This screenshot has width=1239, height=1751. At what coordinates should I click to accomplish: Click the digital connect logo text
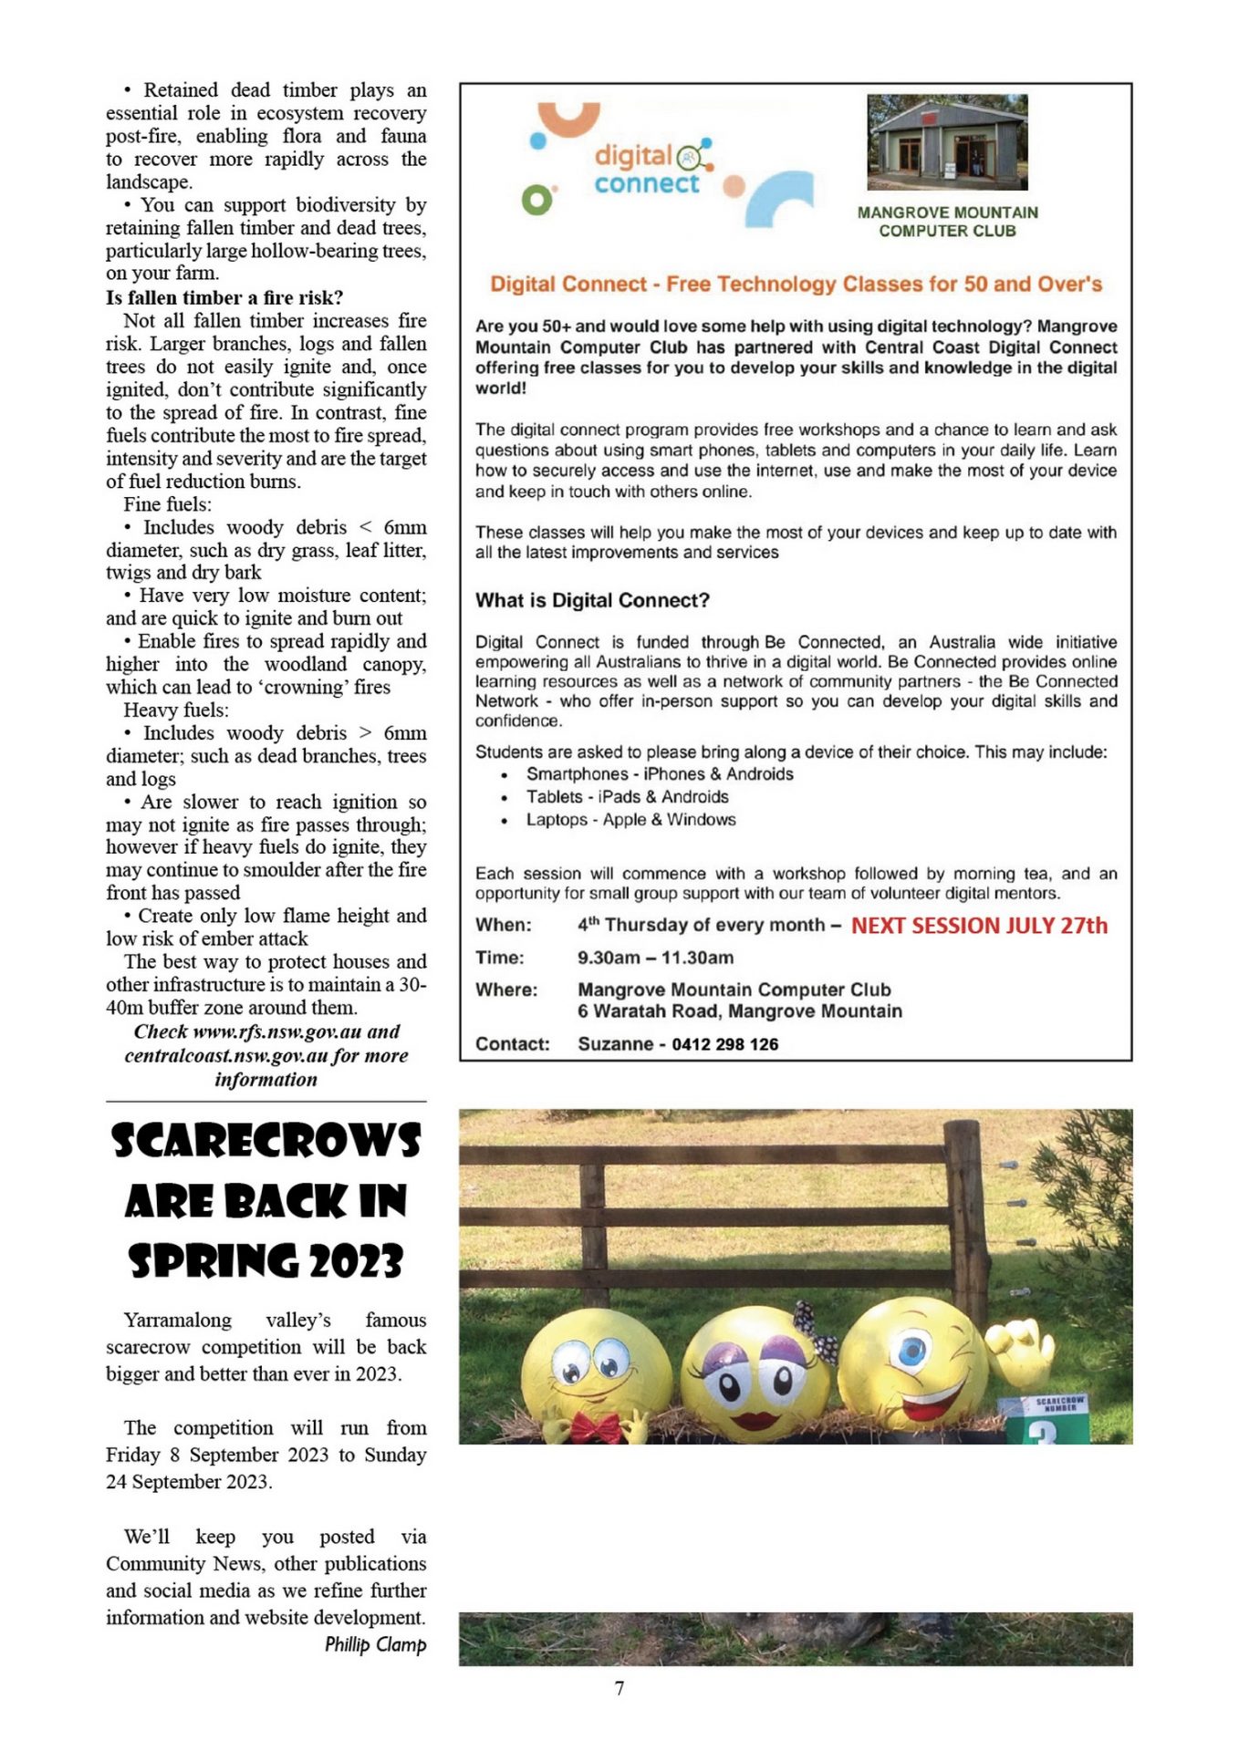click(648, 170)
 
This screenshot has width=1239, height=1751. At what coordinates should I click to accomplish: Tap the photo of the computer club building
click(946, 141)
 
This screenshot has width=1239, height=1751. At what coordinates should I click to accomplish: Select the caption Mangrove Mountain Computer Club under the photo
click(947, 222)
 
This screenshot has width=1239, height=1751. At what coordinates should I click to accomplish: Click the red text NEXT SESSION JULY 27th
click(979, 926)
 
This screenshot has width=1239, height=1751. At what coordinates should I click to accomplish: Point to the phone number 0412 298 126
click(724, 1044)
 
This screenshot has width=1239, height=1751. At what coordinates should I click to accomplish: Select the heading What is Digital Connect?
click(592, 600)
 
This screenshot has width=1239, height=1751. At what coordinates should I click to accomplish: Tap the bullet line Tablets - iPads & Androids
click(627, 796)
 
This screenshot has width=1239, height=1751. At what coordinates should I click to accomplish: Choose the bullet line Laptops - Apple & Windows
click(630, 819)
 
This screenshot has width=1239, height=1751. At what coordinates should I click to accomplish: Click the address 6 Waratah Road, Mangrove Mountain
click(739, 1010)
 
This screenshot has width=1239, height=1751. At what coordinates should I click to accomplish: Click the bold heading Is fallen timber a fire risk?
click(224, 297)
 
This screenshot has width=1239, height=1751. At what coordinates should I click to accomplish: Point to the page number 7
click(619, 1688)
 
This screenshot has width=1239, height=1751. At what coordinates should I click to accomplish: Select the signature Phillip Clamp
click(375, 1644)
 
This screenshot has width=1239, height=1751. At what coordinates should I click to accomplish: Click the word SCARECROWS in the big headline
click(265, 1141)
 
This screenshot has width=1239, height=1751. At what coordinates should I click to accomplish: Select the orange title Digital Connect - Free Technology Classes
click(796, 284)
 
